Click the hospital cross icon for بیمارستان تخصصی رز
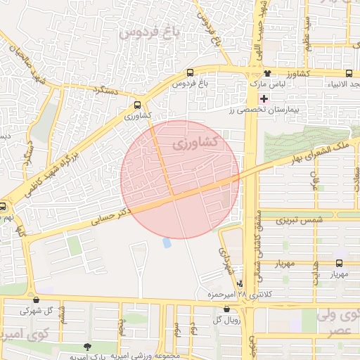pyautogui.click(x=264, y=99)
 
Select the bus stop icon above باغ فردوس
pyautogui.click(x=191, y=73)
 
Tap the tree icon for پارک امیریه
pyautogui.click(x=87, y=347)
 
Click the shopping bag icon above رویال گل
pyautogui.click(x=216, y=307)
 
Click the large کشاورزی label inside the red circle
pyautogui.click(x=195, y=144)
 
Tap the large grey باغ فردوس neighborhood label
pyautogui.click(x=150, y=32)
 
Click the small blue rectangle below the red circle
pyautogui.click(x=167, y=243)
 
